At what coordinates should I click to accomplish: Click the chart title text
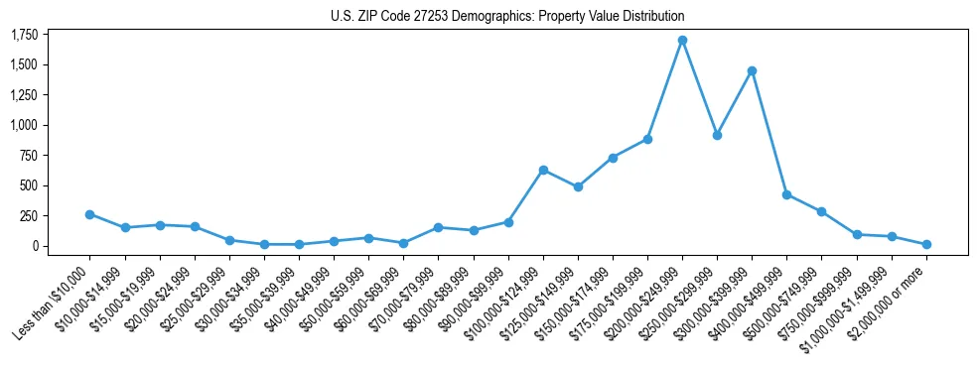point(507,16)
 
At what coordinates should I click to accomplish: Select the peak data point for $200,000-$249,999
point(682,41)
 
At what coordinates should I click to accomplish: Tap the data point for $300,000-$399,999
point(752,70)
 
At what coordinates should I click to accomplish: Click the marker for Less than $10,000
point(89,214)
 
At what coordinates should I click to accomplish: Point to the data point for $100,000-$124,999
point(543,170)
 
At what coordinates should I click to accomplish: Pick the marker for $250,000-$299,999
point(717,135)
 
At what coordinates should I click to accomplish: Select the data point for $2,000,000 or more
point(926,244)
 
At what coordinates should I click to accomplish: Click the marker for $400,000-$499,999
point(786,194)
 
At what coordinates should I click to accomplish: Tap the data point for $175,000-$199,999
point(647,139)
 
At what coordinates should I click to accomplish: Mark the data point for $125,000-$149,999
point(578,186)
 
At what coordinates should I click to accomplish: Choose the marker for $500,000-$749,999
point(821,211)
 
